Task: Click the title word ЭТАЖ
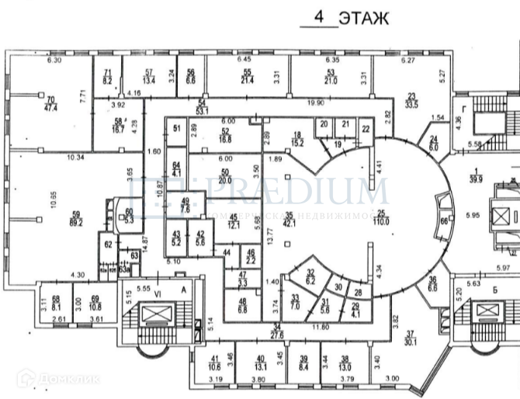click(363, 17)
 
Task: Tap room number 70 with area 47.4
click(51, 104)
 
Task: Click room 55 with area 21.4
click(248, 76)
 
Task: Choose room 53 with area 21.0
click(330, 76)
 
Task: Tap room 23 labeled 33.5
click(411, 101)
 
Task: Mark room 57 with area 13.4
click(150, 76)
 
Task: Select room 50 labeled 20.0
click(226, 176)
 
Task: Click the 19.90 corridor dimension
click(317, 102)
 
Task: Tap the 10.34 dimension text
click(75, 158)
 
